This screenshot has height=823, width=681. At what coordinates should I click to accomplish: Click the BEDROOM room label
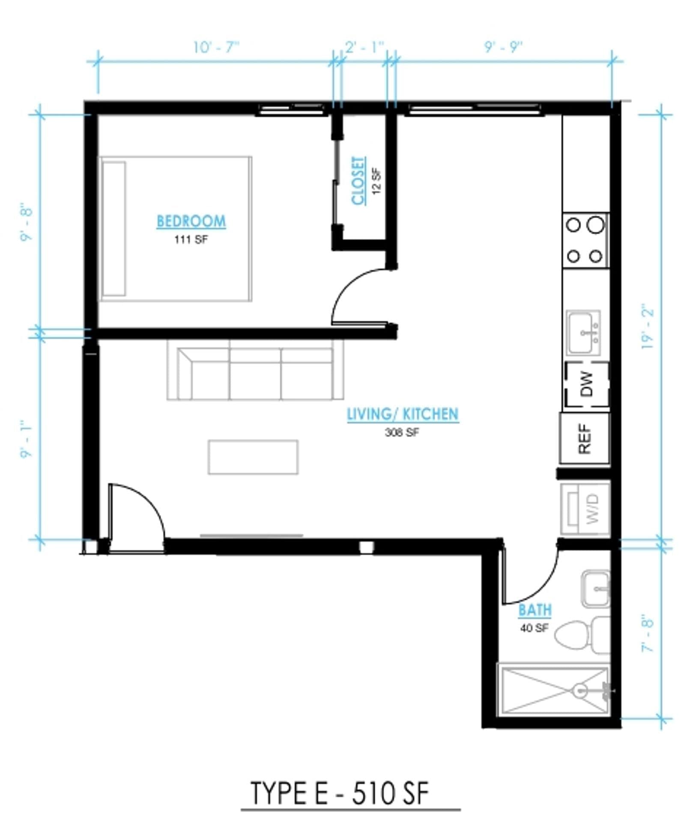coord(191,221)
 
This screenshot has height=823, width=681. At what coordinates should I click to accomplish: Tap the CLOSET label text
coord(358,180)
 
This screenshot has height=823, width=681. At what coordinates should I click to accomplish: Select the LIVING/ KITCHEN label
coord(403,414)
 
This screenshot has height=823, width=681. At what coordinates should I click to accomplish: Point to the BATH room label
coord(535,610)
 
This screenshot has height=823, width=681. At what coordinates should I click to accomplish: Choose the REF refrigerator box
coord(585,439)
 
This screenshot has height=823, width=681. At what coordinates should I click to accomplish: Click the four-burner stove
coord(585,240)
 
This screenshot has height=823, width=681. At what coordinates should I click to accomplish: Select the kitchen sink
coord(583,333)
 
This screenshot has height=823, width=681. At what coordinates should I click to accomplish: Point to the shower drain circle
coord(581,690)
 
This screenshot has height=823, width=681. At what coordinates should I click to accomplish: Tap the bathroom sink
coord(595,589)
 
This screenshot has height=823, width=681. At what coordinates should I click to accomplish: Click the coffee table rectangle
coord(253,457)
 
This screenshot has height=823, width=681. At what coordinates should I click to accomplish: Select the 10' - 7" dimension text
coord(216,47)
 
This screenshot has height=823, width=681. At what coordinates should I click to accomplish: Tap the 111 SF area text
coord(191,240)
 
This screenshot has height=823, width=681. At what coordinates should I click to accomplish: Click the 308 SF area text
coord(402,433)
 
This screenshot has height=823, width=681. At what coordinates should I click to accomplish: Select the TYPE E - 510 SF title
coord(339,793)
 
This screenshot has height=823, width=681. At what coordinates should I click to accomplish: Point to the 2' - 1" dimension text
coord(364,47)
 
